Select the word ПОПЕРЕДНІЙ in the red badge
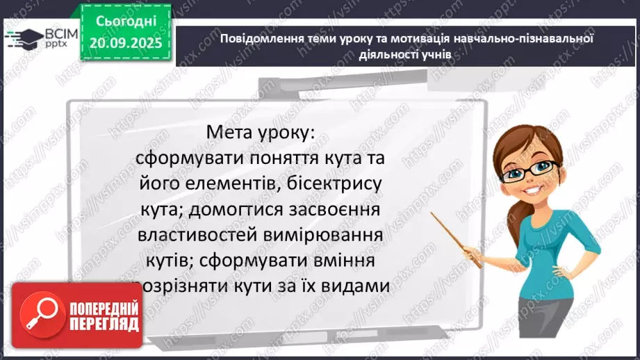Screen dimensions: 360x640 coord(104,307)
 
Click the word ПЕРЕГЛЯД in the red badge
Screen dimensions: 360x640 coord(104,324)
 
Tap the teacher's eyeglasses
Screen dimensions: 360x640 coord(536,168)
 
